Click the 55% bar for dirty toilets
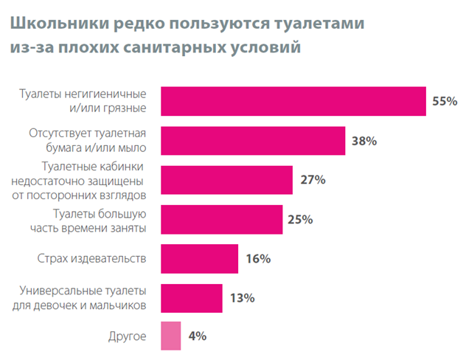click(x=293, y=101)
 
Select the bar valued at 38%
click(x=252, y=140)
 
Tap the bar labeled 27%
click(x=226, y=180)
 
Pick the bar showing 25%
click(x=221, y=219)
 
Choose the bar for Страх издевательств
click(x=199, y=259)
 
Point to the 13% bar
click(x=191, y=298)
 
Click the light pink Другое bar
click(x=170, y=336)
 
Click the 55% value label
click(x=445, y=101)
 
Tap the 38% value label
click(x=364, y=140)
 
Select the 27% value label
click(x=312, y=180)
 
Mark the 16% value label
click(x=257, y=259)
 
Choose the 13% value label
click(x=242, y=298)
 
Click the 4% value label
click(x=197, y=336)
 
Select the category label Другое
click(x=128, y=336)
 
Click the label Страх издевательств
click(x=91, y=259)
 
